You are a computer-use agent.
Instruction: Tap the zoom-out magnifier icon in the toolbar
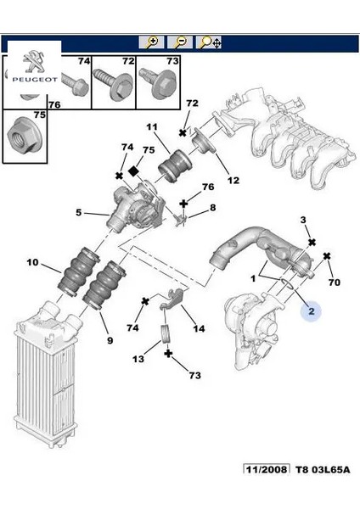pyautogui.click(x=180, y=42)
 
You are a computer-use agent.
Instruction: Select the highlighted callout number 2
pyautogui.click(x=312, y=311)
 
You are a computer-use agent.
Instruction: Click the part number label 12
pyautogui.click(x=232, y=180)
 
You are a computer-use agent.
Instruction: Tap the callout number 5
pyautogui.click(x=79, y=213)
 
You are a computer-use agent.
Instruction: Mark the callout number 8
pyautogui.click(x=212, y=207)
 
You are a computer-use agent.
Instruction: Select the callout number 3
pyautogui.click(x=304, y=221)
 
